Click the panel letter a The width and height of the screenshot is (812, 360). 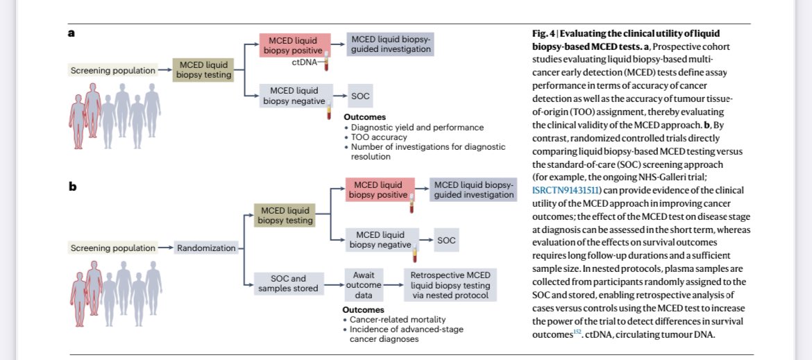click(71, 33)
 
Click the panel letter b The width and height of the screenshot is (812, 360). click(71, 187)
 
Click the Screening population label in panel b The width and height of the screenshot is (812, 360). click(111, 248)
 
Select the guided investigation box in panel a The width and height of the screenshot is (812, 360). click(391, 45)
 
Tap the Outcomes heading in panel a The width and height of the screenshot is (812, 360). click(364, 117)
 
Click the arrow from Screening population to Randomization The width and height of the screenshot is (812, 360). click(164, 248)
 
